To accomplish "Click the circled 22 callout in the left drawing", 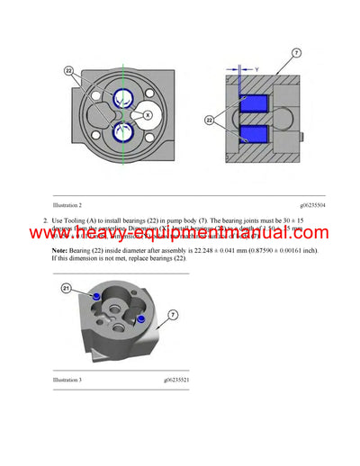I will coord(69,70).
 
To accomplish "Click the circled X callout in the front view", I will coord(148,114).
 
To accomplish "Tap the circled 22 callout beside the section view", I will coord(212,121).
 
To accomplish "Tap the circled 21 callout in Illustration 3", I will coord(66,288).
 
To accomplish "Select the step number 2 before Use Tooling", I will coord(45,220).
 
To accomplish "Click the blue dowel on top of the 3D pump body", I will coord(95,296).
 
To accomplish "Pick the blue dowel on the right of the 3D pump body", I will coord(141,318).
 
